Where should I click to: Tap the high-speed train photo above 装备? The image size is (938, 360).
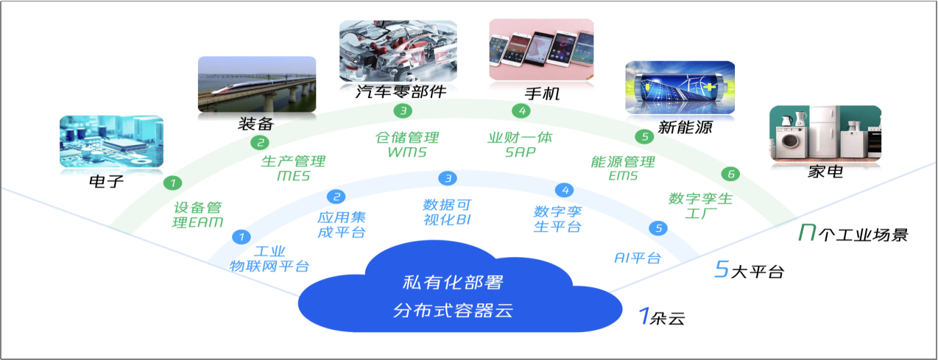256,84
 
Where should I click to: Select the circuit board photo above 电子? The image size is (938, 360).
110,141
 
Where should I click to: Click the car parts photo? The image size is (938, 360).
398,50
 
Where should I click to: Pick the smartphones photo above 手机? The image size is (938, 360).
541,49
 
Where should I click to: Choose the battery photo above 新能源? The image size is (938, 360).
680,88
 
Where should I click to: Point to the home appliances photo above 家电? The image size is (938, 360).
825,133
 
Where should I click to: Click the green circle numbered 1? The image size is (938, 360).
171,182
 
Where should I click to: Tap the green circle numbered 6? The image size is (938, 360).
730,174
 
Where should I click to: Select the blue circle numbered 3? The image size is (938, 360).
447,178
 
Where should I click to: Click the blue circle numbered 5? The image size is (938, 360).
658,228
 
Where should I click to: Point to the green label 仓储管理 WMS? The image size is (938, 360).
406,144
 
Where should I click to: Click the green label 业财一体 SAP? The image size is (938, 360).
520,144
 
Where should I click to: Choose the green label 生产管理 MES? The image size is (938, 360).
293,169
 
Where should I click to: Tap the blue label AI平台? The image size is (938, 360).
637,258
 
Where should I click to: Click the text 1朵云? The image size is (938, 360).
661,317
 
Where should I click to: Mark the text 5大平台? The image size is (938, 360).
749,271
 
